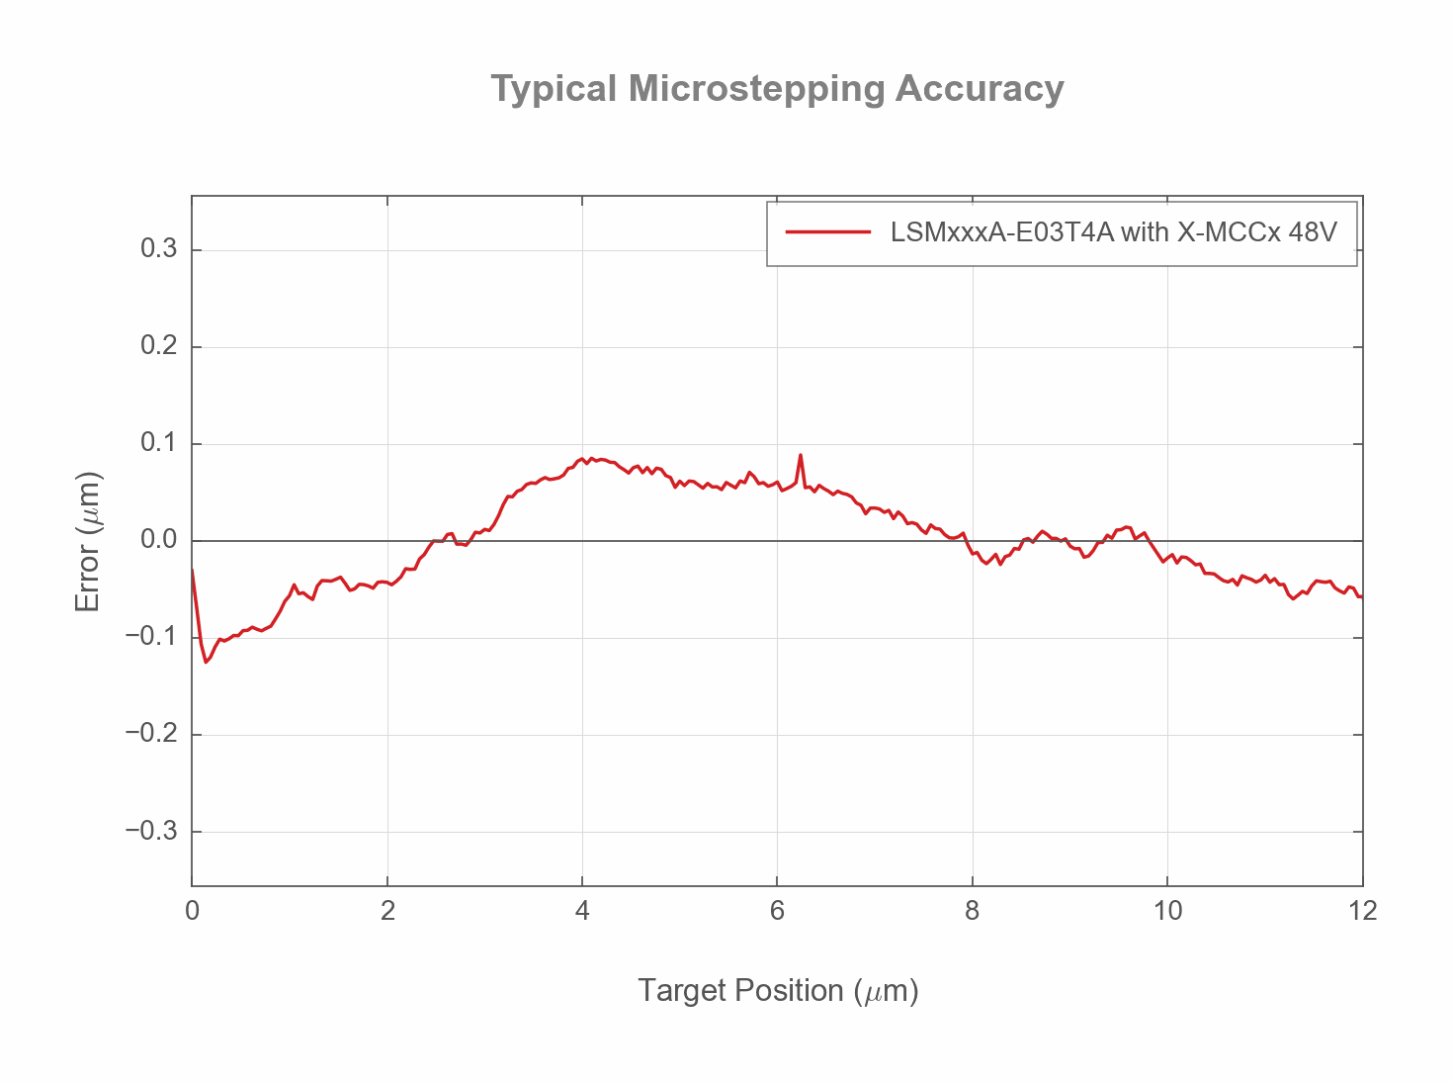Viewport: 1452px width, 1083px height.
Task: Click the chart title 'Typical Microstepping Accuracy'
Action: (777, 89)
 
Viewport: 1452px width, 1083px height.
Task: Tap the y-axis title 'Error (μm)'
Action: (88, 541)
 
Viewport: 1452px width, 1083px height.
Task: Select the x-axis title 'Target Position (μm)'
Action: (778, 990)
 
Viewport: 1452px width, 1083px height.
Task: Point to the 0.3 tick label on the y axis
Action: (158, 249)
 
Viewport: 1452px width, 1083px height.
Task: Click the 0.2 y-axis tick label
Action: (158, 346)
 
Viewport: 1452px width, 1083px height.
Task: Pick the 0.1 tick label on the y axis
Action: (158, 443)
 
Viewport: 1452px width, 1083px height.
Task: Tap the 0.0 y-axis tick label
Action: (158, 540)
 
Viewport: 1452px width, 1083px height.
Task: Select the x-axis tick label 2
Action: (387, 911)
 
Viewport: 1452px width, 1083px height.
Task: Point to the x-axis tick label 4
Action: (582, 911)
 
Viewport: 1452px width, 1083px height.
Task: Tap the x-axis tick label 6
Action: (777, 911)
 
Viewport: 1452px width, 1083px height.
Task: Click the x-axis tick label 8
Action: (973, 911)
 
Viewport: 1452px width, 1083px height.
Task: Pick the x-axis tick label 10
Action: (1167, 911)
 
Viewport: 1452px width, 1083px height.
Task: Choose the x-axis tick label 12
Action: (1362, 911)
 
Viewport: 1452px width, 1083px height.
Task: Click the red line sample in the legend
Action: (828, 232)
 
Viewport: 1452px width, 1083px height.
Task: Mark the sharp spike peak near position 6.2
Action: (801, 455)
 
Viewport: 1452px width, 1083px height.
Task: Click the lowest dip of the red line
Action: (206, 662)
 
